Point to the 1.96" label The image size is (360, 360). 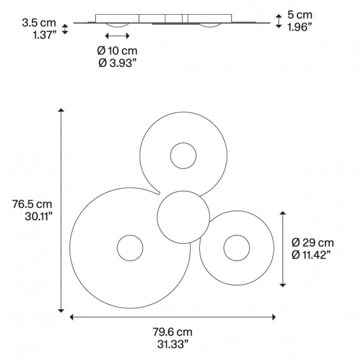pyautogui.click(x=299, y=27)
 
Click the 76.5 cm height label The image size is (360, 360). pyautogui.click(x=31, y=204)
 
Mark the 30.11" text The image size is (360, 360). pyautogui.click(x=36, y=216)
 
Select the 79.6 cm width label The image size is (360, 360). pyautogui.click(x=173, y=332)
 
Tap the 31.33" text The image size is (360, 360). pyautogui.click(x=173, y=344)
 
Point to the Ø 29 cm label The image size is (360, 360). pyautogui.click(x=313, y=243)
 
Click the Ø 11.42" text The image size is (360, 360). pyautogui.click(x=313, y=255)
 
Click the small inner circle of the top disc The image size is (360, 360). pyautogui.click(x=183, y=155)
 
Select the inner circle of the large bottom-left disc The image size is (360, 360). pyautogui.click(x=130, y=248)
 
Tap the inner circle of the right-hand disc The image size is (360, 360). pyautogui.click(x=236, y=248)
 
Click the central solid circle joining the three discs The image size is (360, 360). pyautogui.click(x=183, y=218)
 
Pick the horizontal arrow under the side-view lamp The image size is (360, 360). pyautogui.click(x=117, y=36)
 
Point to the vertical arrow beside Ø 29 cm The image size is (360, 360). pyautogui.click(x=283, y=249)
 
